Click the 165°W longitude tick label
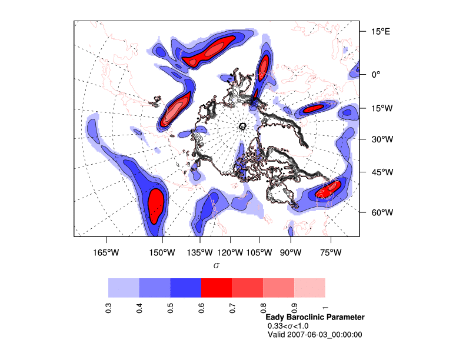pos(105,253)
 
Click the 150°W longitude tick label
pos(162,253)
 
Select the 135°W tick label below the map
pos(199,253)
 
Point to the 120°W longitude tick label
pos(229,253)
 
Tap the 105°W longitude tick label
pos(259,253)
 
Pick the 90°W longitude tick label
pos(291,253)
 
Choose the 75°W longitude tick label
pos(331,253)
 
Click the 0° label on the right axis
pos(375,74)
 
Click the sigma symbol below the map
pos(217,266)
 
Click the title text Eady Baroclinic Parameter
pos(315,317)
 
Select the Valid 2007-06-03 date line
pos(315,335)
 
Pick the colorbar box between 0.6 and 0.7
pos(217,288)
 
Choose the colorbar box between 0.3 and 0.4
pos(124,288)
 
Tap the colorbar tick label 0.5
pos(170,308)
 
